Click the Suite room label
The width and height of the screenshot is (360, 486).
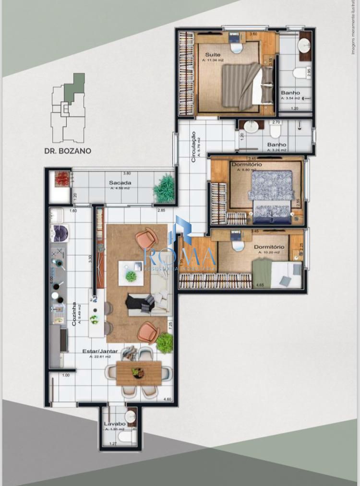pos(213,55)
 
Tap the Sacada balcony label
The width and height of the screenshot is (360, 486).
pos(117,183)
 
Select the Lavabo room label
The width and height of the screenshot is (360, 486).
pos(114,424)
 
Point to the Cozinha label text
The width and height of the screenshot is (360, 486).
pos(74,314)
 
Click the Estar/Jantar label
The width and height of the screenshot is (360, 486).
pos(100,351)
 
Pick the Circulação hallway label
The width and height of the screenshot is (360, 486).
pos(193,146)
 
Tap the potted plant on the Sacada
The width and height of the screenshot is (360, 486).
pos(164,189)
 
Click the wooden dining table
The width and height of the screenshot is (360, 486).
pos(139,373)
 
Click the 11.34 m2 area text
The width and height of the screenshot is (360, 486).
pos(213,61)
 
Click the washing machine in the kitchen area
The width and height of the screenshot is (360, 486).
pos(60,233)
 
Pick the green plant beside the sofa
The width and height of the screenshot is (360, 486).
pos(164,343)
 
